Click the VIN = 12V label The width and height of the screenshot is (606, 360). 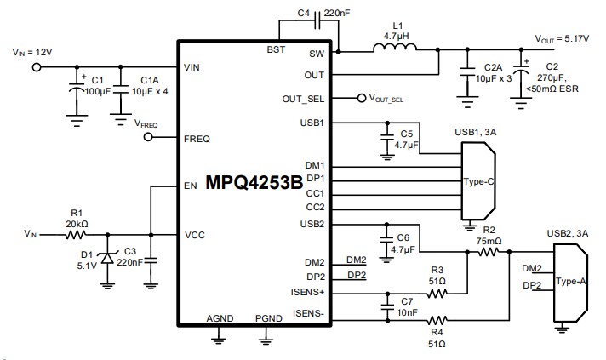tap(33, 52)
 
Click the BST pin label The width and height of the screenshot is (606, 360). tap(277, 52)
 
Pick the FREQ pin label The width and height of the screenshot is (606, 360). tap(197, 138)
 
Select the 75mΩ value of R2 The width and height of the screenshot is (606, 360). tap(489, 241)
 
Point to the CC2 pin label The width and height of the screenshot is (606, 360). tap(314, 207)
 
